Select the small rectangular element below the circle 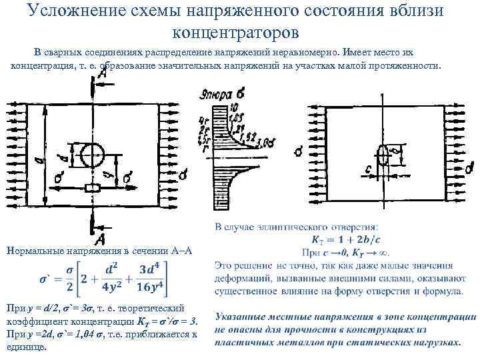pos(91,188)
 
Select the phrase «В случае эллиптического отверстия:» pos(297,228)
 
